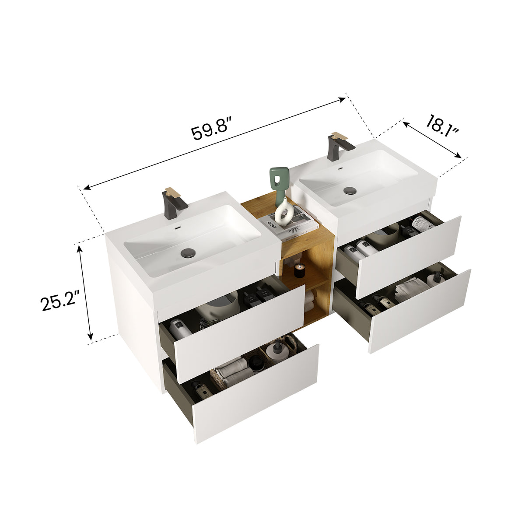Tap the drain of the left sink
(189, 252)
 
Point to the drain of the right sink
(350, 190)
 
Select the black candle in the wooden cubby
(299, 271)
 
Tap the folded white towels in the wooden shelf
(309, 301)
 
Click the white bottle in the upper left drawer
(180, 328)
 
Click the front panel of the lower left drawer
(256, 394)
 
